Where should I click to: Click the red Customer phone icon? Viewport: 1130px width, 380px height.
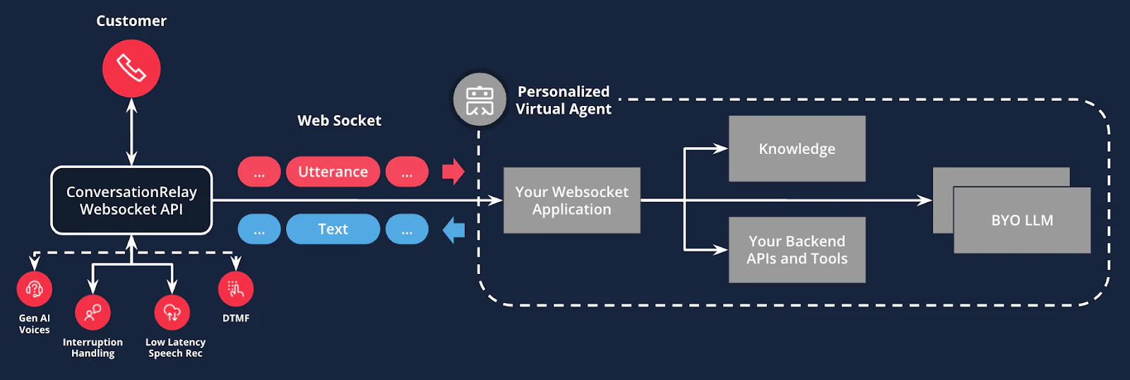click(131, 69)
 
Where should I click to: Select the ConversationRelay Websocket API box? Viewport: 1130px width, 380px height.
click(131, 201)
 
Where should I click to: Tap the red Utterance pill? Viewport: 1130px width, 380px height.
click(333, 172)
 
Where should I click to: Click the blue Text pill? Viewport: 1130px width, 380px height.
click(333, 229)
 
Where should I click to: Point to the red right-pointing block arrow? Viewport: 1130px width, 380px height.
click(453, 172)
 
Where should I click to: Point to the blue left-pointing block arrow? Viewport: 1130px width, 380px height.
click(453, 230)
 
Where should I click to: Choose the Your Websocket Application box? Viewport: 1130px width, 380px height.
click(571, 201)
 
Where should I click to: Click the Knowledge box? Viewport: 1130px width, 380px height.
click(797, 149)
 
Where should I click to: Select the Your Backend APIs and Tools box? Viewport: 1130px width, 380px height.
click(797, 250)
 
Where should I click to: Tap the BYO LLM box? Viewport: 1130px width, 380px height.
click(1021, 220)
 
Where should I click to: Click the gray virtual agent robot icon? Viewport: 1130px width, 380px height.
click(480, 100)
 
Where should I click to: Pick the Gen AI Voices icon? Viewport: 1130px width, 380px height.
click(35, 289)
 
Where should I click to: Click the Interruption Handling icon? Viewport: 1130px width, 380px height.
click(93, 312)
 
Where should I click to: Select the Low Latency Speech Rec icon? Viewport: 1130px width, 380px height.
click(172, 312)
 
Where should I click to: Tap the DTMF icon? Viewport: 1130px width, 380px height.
click(236, 289)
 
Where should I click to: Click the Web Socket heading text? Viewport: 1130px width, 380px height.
click(339, 121)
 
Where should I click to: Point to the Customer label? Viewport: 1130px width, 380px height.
click(131, 21)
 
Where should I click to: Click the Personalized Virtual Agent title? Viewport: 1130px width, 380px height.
click(563, 100)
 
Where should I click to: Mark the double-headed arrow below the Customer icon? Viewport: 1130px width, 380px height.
click(131, 132)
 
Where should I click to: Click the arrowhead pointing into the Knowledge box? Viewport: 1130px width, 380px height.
click(720, 148)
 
